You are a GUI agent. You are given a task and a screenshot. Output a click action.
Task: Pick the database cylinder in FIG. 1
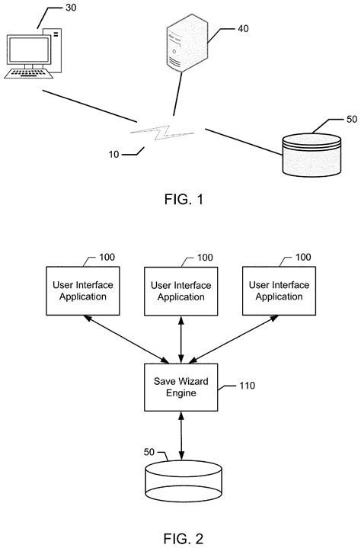(312, 153)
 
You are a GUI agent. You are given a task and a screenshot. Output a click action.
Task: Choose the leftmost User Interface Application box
(79, 291)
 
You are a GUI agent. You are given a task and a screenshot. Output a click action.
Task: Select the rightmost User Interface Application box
(278, 291)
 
